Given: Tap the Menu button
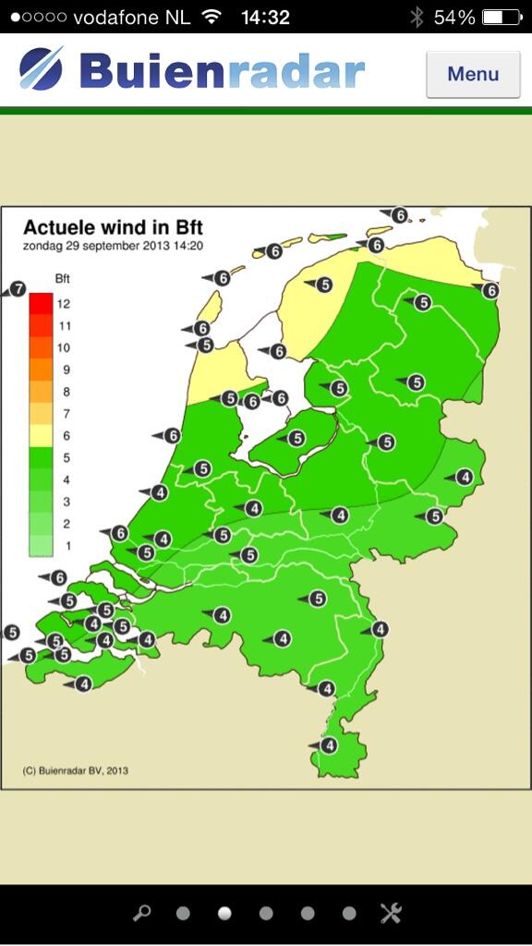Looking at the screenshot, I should click(x=473, y=74).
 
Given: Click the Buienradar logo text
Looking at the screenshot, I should click(x=222, y=72).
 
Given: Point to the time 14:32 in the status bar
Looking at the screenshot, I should click(x=265, y=18).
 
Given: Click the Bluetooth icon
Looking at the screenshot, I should click(x=417, y=18).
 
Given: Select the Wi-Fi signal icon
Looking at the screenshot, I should click(x=212, y=18).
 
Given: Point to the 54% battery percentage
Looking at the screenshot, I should click(x=454, y=18).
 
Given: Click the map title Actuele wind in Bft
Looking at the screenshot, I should click(x=113, y=227).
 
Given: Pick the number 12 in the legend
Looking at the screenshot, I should click(x=63, y=304).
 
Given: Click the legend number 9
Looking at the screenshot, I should click(x=63, y=370).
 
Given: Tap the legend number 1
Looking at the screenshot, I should click(x=66, y=546).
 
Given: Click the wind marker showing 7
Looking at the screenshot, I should click(x=17, y=290).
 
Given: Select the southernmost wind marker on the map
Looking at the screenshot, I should click(x=326, y=746).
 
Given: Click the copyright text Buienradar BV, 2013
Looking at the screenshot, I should click(x=76, y=770).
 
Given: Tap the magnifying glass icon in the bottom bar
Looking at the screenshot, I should click(x=141, y=914).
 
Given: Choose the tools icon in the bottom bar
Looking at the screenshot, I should click(x=391, y=914).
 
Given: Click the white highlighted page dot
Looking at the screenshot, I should click(x=224, y=914).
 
